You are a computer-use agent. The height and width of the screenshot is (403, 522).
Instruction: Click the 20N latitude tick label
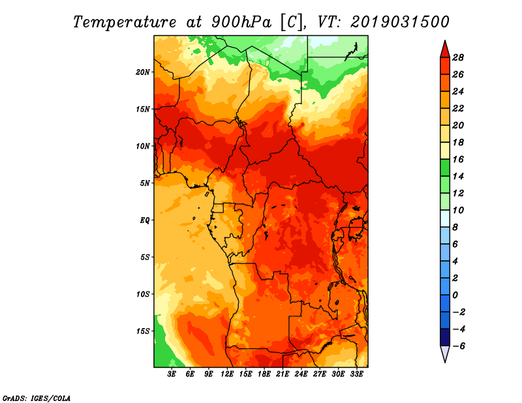(142, 72)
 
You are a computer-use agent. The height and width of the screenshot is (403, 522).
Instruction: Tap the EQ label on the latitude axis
(144, 220)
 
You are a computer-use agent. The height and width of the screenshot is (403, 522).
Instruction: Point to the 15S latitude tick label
(143, 331)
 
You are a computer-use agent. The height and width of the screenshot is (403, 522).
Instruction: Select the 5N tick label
(145, 183)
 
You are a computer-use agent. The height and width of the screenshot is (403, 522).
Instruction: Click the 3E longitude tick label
(172, 374)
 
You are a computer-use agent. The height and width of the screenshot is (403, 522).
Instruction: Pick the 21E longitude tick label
(283, 374)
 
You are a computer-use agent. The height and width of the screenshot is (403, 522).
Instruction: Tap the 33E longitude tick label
(356, 374)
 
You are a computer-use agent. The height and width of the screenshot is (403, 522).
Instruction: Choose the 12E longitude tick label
(227, 374)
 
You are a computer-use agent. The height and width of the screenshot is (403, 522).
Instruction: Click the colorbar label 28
(458, 57)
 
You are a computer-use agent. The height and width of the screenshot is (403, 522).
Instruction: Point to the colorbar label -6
(459, 346)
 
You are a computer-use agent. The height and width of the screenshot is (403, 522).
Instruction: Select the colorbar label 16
(458, 159)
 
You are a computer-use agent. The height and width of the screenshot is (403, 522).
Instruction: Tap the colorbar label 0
(455, 295)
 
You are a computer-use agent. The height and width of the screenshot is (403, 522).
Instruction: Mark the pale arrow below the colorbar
(445, 353)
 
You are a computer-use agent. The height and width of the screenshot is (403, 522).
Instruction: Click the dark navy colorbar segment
(445, 337)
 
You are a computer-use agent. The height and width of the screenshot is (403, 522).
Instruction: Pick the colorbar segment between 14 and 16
(445, 168)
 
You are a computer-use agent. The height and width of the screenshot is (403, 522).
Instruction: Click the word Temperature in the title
(125, 22)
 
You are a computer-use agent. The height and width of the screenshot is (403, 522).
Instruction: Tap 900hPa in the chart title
(241, 22)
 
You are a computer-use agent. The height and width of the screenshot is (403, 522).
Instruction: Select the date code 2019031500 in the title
(400, 22)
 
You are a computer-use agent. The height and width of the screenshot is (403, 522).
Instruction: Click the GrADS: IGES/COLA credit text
(37, 398)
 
